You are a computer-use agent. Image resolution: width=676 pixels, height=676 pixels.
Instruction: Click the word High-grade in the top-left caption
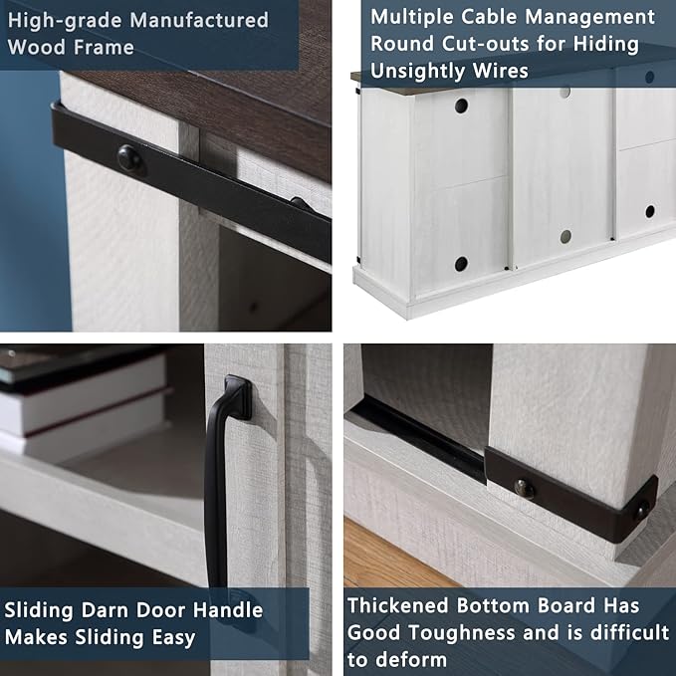pyautogui.click(x=65, y=21)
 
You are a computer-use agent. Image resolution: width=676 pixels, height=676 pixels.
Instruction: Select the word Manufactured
pyautogui.click(x=199, y=20)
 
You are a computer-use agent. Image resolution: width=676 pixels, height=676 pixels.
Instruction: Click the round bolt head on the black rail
pyautogui.click(x=129, y=158)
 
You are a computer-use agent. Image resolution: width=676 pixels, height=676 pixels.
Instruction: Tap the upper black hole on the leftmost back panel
pyautogui.click(x=461, y=106)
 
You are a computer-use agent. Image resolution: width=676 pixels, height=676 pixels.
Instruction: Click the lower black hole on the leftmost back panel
pyautogui.click(x=461, y=264)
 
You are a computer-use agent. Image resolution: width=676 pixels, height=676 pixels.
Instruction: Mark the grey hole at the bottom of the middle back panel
pyautogui.click(x=565, y=236)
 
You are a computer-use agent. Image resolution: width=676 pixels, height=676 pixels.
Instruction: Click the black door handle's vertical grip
pyautogui.click(x=216, y=487)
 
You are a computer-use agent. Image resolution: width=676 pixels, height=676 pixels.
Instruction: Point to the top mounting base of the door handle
pyautogui.click(x=238, y=396)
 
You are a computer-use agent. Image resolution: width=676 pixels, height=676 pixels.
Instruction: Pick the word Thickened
pyautogui.click(x=397, y=605)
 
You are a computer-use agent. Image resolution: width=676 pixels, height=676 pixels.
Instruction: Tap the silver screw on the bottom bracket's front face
pyautogui.click(x=524, y=489)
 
